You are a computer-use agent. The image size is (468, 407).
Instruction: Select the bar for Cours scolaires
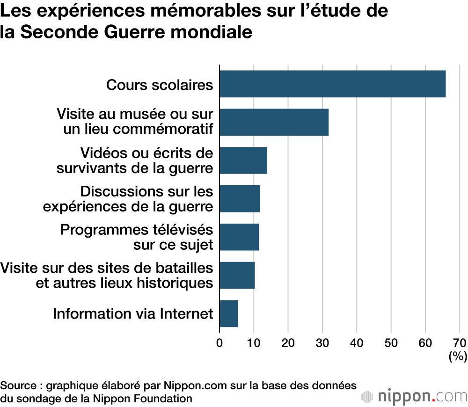pos(332,84)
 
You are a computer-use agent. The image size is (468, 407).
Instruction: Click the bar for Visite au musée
pos(274,122)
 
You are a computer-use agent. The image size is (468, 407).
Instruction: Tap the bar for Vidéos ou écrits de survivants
pos(243,160)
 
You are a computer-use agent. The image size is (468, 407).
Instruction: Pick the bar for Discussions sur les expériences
pos(240,199)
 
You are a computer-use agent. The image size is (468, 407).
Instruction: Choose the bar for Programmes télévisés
pos(239,237)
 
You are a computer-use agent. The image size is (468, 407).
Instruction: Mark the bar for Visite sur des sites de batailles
pos(237,276)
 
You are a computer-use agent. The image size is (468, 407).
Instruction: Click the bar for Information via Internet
pos(229,314)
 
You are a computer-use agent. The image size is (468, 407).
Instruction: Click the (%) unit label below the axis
pos(458,356)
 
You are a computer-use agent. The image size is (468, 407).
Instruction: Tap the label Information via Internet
pos(133,313)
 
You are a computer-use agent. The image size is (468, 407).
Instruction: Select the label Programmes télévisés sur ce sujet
pos(137,237)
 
